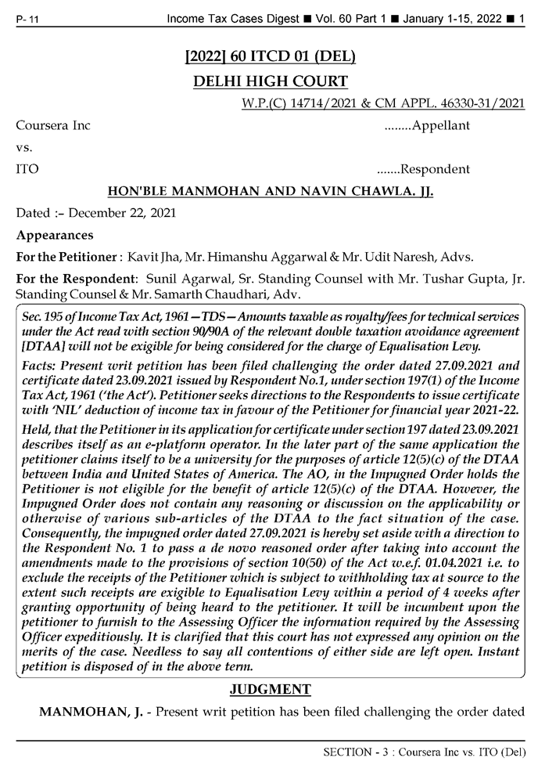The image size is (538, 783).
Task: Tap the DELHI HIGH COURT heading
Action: click(269, 81)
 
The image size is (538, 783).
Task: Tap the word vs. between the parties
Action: click(24, 147)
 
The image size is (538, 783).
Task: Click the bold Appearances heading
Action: click(55, 235)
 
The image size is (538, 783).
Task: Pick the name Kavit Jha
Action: click(173, 257)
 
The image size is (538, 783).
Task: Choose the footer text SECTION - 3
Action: click(352, 752)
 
